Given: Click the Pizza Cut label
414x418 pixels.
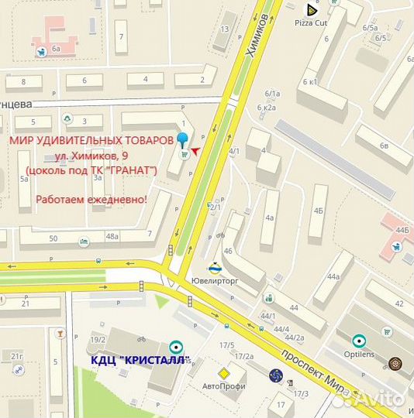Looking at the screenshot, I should tap(312, 23).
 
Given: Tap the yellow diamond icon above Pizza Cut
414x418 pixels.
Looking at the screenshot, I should tap(311, 9).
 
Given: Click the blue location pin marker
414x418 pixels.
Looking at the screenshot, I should tap(183, 140).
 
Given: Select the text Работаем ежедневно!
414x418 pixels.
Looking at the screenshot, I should tap(91, 199).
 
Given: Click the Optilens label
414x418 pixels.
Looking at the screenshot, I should tap(358, 353).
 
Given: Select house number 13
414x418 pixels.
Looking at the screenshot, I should tap(225, 29).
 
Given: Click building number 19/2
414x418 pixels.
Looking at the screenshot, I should tap(98, 340).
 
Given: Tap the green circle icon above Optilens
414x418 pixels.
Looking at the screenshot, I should tap(359, 340).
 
